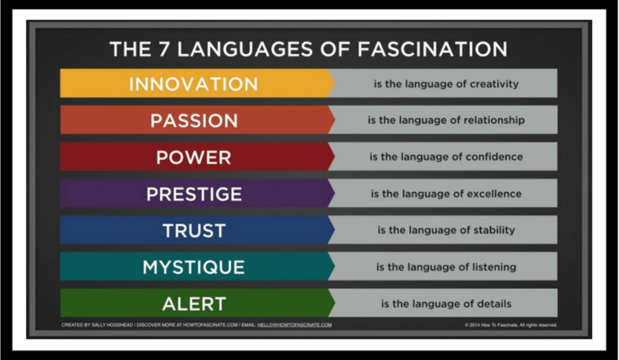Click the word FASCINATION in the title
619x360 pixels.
click(x=432, y=49)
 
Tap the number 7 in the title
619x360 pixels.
click(x=164, y=49)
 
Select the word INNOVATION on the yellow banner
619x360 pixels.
click(x=193, y=84)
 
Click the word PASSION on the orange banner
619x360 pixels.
click(x=194, y=121)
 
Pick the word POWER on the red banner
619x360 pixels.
click(x=193, y=157)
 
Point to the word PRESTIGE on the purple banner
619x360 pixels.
click(x=194, y=194)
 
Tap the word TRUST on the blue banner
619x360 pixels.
click(x=194, y=231)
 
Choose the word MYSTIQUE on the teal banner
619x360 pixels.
click(x=193, y=267)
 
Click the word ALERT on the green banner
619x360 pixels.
click(x=194, y=304)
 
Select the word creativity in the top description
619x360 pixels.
click(x=494, y=84)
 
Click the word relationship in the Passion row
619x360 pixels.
click(x=494, y=120)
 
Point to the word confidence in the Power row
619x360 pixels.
click(x=494, y=156)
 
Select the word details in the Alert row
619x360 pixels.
click(x=495, y=304)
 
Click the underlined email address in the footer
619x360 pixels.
click(x=295, y=325)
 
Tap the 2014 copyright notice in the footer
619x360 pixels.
click(x=511, y=325)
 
